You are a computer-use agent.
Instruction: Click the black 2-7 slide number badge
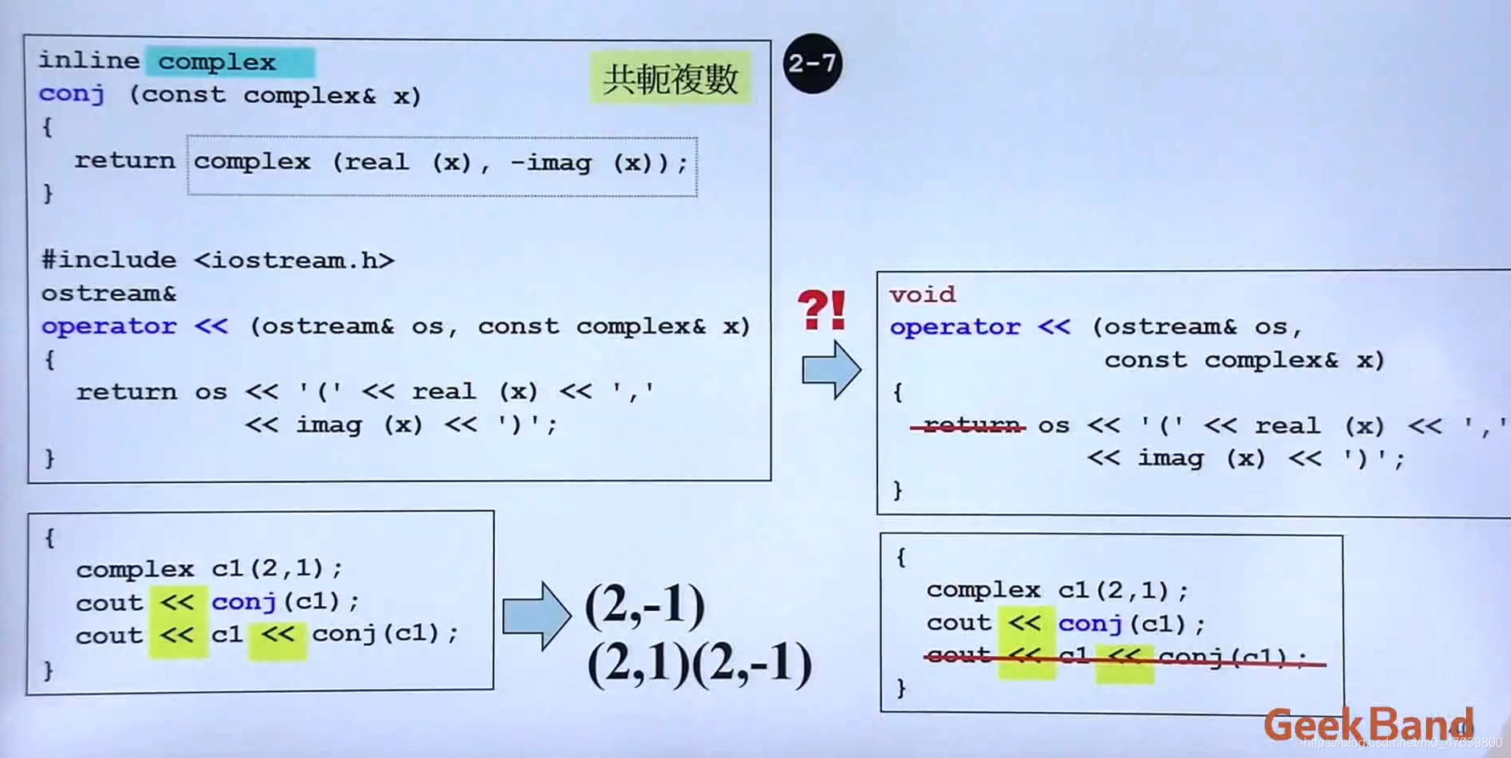[x=812, y=64]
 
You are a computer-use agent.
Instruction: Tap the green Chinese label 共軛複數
[x=670, y=79]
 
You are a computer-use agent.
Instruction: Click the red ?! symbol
[x=822, y=310]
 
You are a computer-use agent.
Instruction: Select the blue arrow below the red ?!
[x=831, y=370]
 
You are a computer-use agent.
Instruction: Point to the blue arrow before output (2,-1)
[x=537, y=616]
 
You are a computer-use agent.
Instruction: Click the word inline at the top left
[x=88, y=60]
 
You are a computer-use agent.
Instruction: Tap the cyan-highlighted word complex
[x=217, y=62]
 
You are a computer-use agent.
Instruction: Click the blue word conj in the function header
[x=71, y=94]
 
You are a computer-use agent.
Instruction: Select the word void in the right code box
[x=922, y=294]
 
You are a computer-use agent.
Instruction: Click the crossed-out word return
[x=970, y=425]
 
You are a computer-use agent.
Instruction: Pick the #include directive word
[x=108, y=260]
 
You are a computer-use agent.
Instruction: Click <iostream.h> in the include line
[x=294, y=260]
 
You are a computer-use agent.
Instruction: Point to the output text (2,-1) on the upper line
[x=645, y=605]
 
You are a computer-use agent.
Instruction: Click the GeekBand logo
[x=1368, y=725]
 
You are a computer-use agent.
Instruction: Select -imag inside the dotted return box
[x=551, y=162]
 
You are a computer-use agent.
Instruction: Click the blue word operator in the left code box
[x=108, y=326]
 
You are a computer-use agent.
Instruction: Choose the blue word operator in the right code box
[x=955, y=327]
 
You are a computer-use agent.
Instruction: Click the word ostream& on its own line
[x=108, y=293]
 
